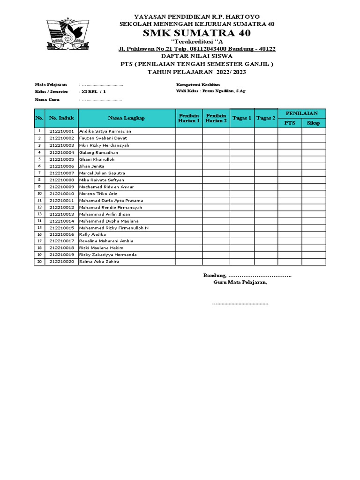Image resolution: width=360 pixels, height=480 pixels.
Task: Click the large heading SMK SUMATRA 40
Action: point(196,33)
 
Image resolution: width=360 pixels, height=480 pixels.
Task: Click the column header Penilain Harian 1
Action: point(189,118)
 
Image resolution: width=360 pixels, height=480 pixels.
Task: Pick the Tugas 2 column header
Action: point(266,118)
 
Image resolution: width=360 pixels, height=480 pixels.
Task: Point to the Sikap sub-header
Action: point(313,123)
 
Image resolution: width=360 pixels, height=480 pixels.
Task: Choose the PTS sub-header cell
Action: point(290,123)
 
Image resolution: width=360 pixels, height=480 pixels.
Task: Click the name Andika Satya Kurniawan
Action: point(105,131)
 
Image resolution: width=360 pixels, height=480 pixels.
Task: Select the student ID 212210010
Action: point(62,194)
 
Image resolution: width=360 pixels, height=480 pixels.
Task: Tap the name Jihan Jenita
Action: point(92,166)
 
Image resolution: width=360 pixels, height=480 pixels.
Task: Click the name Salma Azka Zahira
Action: point(99,262)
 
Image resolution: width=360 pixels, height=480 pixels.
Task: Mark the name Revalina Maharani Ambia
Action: point(105,241)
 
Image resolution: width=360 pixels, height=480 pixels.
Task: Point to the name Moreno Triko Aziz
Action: point(98,194)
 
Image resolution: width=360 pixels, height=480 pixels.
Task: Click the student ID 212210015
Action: point(62,228)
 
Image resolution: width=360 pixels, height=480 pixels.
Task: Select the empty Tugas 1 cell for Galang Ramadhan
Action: point(242,152)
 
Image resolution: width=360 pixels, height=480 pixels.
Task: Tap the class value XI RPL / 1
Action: point(93,92)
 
